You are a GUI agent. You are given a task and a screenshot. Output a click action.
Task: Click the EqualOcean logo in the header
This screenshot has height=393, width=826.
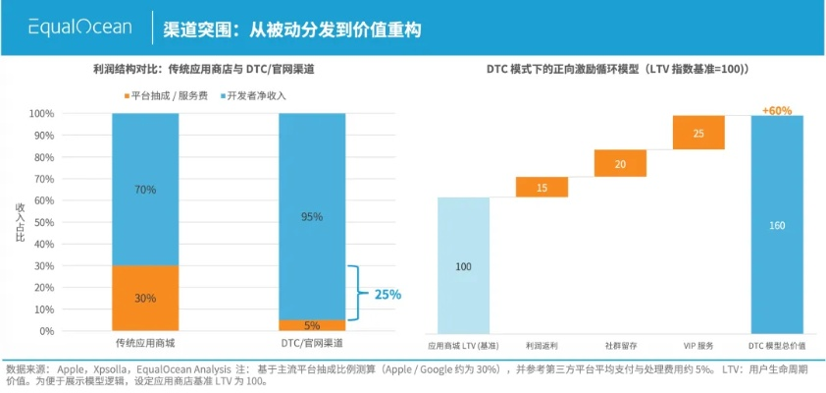point(79,28)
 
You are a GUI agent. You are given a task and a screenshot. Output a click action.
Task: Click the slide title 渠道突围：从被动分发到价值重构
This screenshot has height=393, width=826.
point(292,28)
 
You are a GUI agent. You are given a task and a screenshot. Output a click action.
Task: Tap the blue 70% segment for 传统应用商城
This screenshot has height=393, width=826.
point(145,190)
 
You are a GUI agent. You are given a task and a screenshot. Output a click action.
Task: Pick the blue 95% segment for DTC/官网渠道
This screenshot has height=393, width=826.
point(312,216)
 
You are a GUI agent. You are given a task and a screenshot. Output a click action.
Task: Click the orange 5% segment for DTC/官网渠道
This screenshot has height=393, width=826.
point(312,325)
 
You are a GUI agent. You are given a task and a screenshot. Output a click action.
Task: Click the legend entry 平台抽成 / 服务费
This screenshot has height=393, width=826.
point(163,95)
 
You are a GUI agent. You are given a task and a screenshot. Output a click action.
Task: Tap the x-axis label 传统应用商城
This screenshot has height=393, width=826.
point(145,345)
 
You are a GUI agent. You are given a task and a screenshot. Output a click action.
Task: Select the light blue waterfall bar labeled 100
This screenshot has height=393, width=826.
point(463,266)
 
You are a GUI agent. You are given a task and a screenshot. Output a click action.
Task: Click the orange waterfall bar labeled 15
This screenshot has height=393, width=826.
point(542,187)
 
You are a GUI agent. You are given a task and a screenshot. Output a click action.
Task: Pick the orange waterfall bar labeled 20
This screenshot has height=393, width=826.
point(620,163)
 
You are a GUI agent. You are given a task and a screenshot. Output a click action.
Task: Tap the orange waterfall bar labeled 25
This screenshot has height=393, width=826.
point(698,133)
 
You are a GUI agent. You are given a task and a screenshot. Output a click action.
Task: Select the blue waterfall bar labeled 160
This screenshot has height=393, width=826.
point(777,225)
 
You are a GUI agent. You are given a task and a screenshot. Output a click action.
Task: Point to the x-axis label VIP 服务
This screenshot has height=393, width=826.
point(698,346)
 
